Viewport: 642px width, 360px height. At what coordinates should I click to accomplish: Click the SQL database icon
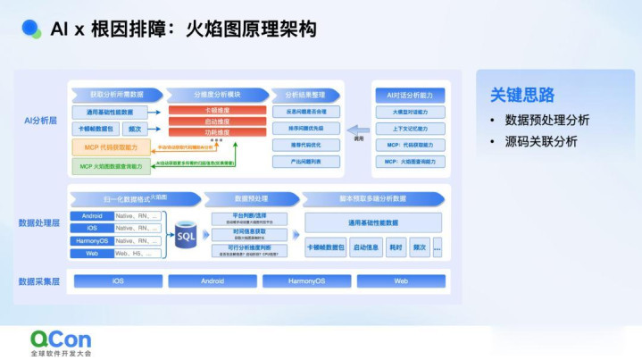tap(186, 236)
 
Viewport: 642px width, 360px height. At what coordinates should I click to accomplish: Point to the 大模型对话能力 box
tap(409, 112)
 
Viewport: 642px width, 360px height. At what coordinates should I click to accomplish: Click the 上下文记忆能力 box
tap(409, 128)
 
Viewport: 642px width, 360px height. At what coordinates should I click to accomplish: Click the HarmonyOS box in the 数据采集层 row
tap(306, 280)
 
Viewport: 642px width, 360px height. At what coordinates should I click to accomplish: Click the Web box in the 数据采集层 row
tap(401, 280)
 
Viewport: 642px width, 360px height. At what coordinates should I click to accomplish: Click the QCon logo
tap(62, 342)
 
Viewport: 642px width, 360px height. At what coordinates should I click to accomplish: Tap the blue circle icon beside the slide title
tap(31, 29)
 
